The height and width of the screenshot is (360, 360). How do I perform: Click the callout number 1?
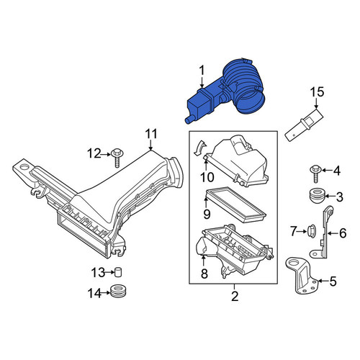202,71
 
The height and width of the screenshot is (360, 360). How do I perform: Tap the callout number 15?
317,92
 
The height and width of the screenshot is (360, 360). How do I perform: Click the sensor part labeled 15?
304,125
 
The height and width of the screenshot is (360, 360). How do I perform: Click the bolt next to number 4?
315,174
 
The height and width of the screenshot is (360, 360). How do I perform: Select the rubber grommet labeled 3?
316,197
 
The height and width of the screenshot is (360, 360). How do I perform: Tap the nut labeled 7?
312,232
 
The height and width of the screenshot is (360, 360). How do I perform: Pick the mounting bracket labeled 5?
302,276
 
